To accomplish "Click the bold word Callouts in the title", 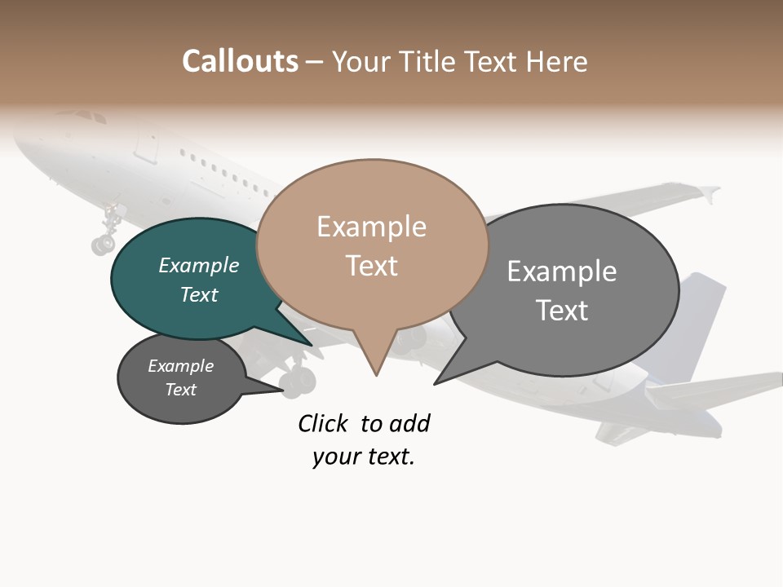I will [x=240, y=61].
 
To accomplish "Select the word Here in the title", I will [x=558, y=61].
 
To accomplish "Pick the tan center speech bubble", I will [x=372, y=245].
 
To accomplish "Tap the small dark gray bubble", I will [x=181, y=377].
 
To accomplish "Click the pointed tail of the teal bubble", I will [x=311, y=345].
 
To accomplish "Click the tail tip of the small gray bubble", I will [x=284, y=391].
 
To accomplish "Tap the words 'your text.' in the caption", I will [x=364, y=457].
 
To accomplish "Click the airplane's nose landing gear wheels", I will [x=104, y=242].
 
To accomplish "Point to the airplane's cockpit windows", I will [x=91, y=117].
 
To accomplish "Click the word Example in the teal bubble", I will [x=199, y=266].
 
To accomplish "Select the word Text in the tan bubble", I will [x=372, y=266].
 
